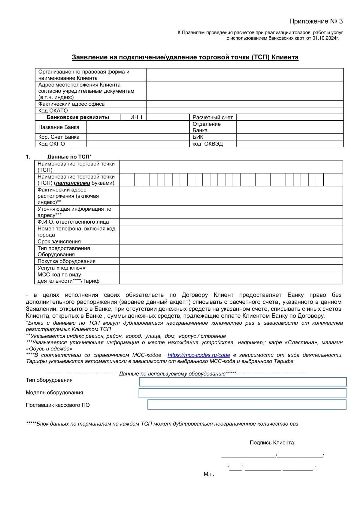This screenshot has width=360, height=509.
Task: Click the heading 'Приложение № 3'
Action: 316,21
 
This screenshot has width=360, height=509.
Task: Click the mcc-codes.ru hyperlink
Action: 199,355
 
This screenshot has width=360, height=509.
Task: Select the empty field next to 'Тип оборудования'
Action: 243,382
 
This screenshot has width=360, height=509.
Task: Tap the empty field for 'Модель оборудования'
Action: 242,393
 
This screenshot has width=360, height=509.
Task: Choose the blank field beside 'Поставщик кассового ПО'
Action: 247,405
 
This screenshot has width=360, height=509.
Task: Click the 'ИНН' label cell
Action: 136,117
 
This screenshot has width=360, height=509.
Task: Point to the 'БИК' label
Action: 198,137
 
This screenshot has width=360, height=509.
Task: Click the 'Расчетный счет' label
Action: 213,117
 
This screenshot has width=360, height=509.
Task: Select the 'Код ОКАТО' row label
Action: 53,110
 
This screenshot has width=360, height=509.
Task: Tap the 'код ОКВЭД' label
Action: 208,144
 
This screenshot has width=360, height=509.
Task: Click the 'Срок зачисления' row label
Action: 59,242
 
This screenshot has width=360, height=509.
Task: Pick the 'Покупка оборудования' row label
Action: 66,261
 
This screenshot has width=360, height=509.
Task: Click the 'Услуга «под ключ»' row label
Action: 61,268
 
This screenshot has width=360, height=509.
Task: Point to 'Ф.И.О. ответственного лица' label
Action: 73,222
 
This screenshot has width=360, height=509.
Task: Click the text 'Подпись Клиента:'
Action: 272,443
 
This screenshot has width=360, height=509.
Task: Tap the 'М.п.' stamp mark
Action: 209,474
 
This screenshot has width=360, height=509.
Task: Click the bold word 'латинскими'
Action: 73,183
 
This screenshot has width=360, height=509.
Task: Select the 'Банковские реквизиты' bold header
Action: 78,117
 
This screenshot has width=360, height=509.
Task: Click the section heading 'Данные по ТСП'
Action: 68,157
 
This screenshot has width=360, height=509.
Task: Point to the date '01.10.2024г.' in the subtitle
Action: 326,38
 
